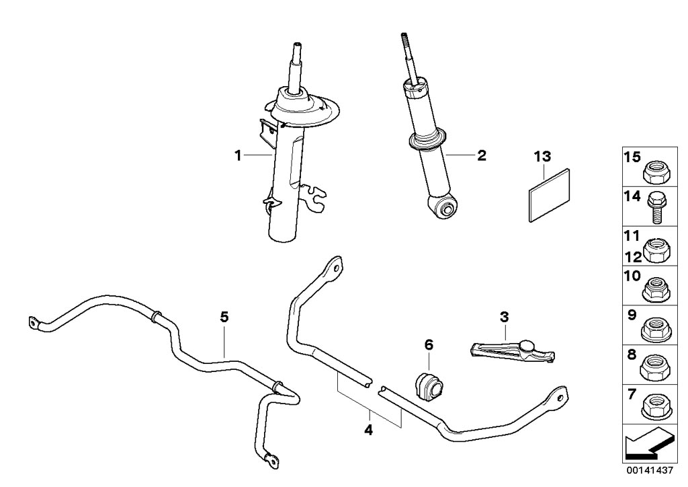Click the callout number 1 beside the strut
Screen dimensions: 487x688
coord(237,155)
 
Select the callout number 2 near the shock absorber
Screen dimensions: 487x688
coord(481,155)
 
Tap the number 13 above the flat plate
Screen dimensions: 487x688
coord(542,157)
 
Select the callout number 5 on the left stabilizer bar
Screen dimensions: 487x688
coord(224,316)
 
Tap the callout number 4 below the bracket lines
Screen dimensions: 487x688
coord(368,428)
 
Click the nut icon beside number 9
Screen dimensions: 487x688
coord(654,329)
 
